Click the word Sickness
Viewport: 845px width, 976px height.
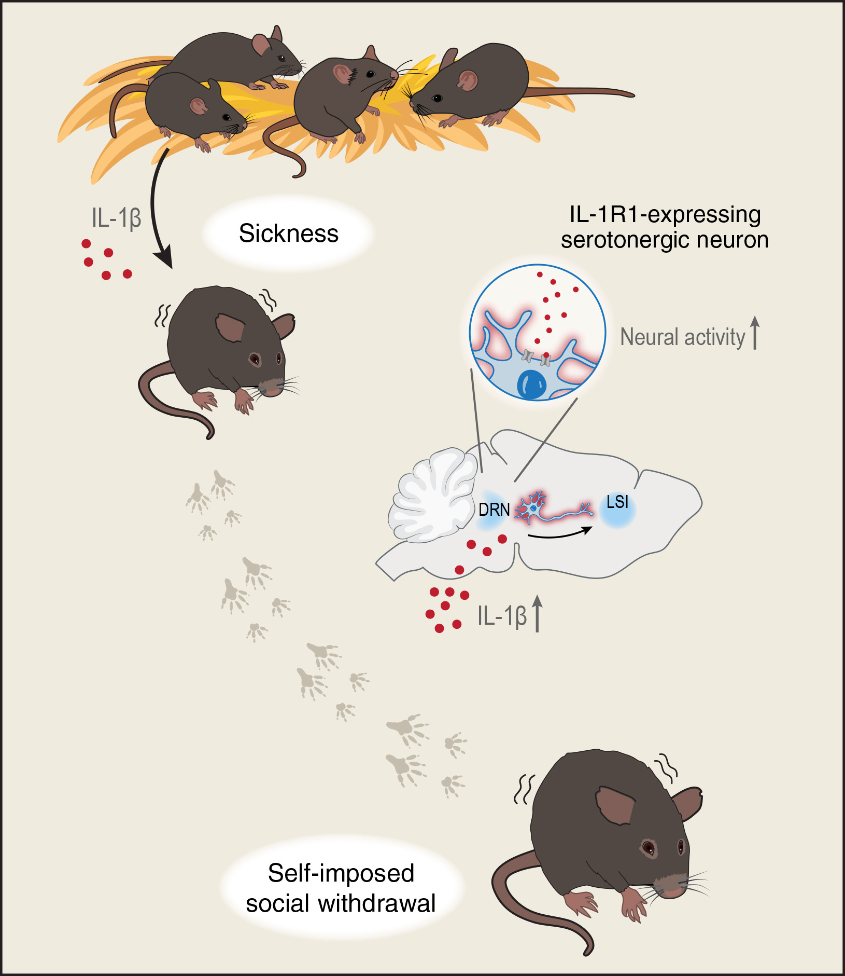(288, 233)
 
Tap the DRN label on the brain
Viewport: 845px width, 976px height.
(494, 510)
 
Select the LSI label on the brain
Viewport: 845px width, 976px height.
(617, 502)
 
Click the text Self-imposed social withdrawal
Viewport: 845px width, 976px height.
(341, 888)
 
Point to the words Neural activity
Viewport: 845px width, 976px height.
(682, 337)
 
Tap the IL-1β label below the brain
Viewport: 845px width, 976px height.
(501, 616)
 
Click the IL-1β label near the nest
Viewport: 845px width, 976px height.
(116, 218)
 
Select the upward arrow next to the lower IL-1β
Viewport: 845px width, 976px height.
(538, 613)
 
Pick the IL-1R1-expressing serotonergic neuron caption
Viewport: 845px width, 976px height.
(665, 227)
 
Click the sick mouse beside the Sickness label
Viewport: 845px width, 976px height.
(228, 348)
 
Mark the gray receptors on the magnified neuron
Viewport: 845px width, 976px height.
(536, 358)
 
